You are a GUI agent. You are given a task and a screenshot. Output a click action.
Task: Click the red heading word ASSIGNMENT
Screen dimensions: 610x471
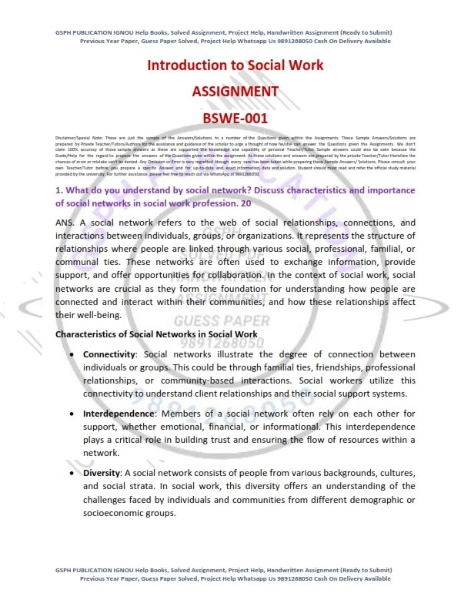tap(235, 92)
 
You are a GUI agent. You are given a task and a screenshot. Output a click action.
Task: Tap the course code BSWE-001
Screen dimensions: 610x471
tap(235, 119)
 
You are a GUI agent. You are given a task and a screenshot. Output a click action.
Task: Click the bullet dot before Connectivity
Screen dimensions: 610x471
tap(72, 355)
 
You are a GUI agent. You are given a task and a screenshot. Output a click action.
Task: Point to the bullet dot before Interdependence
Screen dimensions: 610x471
tap(72, 414)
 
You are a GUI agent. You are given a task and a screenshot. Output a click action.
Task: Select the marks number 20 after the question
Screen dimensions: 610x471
tap(244, 203)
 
